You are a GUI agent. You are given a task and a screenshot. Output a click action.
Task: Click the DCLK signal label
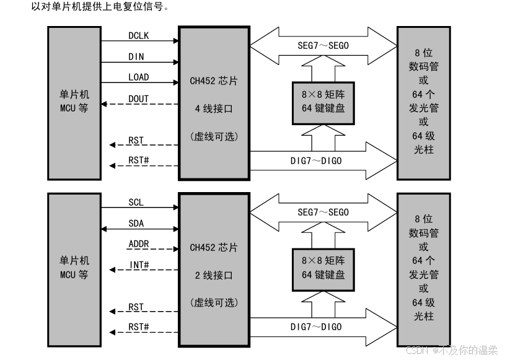click(x=138, y=36)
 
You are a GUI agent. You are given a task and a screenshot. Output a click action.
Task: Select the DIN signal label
click(x=136, y=57)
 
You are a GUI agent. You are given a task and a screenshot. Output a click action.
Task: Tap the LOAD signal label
click(x=138, y=77)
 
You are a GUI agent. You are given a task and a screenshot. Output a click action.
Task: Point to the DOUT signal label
click(x=138, y=99)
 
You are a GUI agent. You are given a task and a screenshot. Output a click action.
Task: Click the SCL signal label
click(x=136, y=203)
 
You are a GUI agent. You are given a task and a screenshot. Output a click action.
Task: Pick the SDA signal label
click(x=136, y=223)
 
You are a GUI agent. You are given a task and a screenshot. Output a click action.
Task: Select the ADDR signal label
click(x=138, y=244)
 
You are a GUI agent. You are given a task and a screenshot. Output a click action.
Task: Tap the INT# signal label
click(x=138, y=265)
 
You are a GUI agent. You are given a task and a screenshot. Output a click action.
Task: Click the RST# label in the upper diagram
click(x=138, y=160)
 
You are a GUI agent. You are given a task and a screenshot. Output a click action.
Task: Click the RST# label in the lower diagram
click(x=138, y=327)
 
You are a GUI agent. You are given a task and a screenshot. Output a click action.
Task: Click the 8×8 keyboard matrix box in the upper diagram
click(x=323, y=103)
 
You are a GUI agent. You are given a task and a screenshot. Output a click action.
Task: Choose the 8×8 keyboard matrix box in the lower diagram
click(x=323, y=269)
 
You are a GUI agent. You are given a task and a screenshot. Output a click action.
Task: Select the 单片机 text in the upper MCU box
click(x=74, y=95)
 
